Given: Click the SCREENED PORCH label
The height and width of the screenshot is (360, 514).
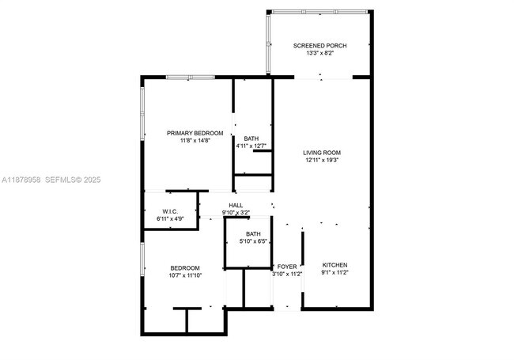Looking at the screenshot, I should [320, 46].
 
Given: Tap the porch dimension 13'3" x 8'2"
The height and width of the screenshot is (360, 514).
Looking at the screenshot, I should [320, 54].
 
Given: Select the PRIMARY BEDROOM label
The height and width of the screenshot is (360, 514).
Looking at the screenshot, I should [195, 133].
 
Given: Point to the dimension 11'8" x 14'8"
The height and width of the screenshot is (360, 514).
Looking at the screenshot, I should [195, 141].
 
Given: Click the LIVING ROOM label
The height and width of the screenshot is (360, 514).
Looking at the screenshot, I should [322, 153].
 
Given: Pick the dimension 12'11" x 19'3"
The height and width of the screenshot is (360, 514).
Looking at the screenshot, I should [322, 161].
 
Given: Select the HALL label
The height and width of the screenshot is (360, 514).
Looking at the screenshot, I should [236, 205].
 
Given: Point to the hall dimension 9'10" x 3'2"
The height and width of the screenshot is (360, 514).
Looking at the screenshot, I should [236, 212].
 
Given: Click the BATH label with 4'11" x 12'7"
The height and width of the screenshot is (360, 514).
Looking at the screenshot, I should [251, 138].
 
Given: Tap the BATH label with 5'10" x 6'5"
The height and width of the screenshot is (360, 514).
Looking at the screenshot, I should [253, 233].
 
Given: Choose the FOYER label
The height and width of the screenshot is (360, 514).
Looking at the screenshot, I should [286, 267].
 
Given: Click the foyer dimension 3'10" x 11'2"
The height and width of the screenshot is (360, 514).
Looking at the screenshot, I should [287, 275].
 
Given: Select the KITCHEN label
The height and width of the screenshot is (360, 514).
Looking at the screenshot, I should [334, 265].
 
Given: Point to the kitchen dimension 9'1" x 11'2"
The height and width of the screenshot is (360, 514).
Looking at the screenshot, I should [334, 273].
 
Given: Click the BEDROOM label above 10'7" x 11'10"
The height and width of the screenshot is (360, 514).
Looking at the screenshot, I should [184, 267].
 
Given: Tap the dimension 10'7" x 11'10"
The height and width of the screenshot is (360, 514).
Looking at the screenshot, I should [184, 275].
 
